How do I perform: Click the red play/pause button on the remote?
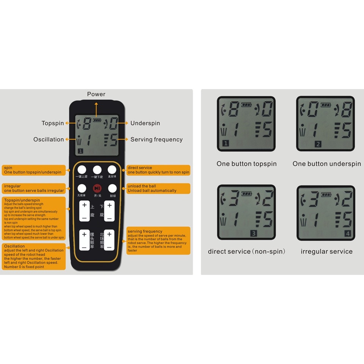click(x=97, y=188)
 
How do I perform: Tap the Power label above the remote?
click(x=96, y=94)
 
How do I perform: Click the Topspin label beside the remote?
click(x=53, y=123)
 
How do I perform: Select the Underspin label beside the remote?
click(x=145, y=123)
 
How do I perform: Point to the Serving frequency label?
click(x=157, y=140)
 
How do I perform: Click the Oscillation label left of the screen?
click(x=49, y=140)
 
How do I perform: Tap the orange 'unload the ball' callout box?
click(x=158, y=188)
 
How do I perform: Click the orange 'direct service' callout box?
click(x=158, y=170)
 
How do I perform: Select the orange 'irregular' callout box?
click(x=34, y=188)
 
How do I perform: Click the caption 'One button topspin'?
click(x=246, y=164)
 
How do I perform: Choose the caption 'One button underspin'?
click(x=326, y=164)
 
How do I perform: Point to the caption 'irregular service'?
click(x=326, y=251)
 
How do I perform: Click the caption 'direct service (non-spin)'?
click(x=246, y=251)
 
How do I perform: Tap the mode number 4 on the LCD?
click(x=348, y=234)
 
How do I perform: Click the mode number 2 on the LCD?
click(x=318, y=144)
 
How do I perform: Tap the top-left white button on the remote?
click(x=82, y=169)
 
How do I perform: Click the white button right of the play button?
click(x=112, y=188)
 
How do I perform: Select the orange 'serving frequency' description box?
click(x=158, y=241)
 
